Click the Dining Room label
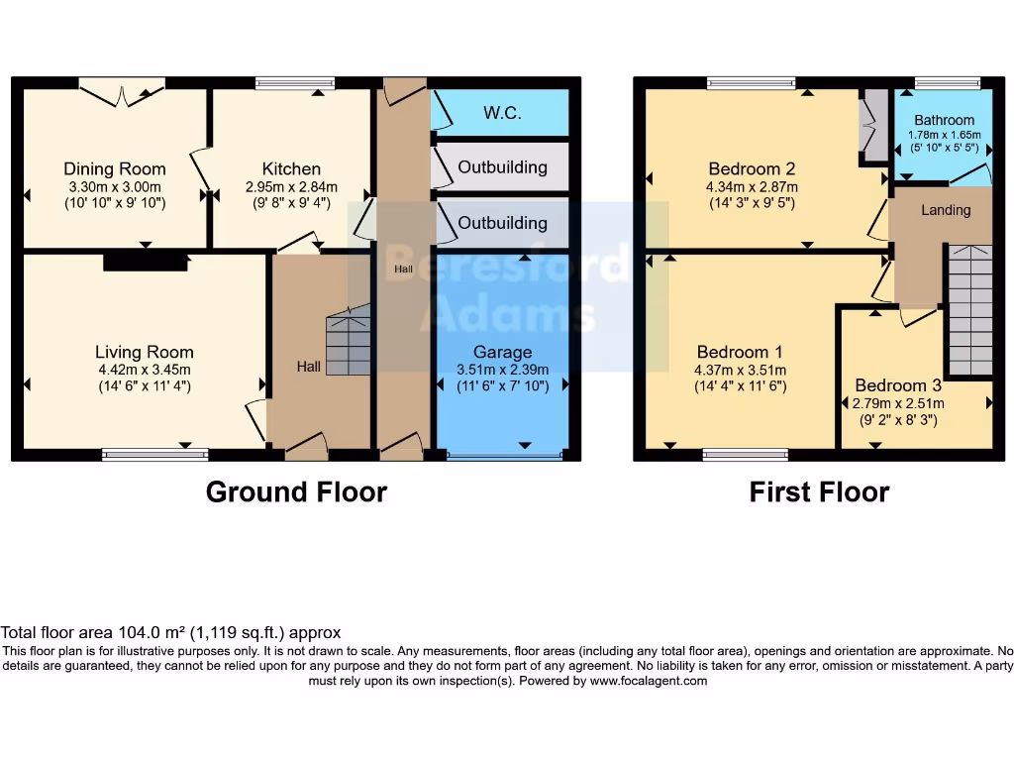[115, 168]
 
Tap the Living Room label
[145, 352]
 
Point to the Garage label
[502, 352]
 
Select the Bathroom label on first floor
[944, 120]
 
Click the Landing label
[946, 210]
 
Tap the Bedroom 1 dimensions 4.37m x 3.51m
[741, 370]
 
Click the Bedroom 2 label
[752, 168]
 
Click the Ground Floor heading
[296, 491]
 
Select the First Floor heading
[819, 491]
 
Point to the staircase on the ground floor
[349, 342]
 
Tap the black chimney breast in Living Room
[146, 262]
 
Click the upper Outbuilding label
[502, 166]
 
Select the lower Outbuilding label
[502, 223]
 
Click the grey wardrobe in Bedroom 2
[874, 125]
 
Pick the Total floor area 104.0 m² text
[170, 632]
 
